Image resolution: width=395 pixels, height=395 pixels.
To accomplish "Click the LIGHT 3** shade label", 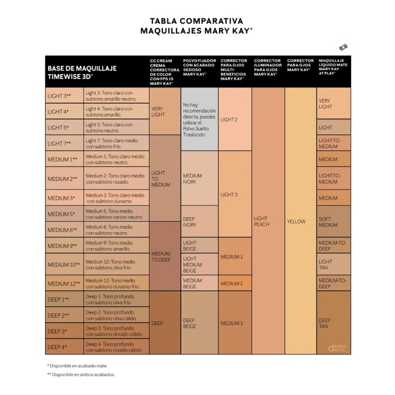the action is coord(59,96).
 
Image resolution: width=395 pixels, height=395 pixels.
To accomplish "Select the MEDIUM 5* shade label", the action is coord(61,214).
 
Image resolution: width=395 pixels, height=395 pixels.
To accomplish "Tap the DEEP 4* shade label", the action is coord(57,347).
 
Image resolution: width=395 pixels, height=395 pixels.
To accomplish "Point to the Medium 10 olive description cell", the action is coord(117,265).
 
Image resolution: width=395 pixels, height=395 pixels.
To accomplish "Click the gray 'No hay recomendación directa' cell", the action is coord(199,119).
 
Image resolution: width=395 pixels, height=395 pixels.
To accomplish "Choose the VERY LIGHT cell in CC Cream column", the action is coord(165,112).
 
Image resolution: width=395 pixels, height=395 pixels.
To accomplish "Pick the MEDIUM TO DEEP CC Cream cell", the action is coord(165,256).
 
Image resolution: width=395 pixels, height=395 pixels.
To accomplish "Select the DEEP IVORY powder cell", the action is coord(199,222).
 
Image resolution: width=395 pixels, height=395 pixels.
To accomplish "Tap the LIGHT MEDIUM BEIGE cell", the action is coord(199,264).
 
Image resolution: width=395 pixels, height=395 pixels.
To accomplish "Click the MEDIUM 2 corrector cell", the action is coord(235,283).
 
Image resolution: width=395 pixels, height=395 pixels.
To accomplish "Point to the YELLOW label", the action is coord(296,221).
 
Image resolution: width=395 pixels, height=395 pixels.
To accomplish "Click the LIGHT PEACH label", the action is coord(262,221).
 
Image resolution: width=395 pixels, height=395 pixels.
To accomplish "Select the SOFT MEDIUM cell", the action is coord(334,222).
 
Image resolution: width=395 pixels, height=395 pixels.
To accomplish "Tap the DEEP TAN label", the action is coord(324,323).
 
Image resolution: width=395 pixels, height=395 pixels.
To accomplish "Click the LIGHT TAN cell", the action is coord(334,264).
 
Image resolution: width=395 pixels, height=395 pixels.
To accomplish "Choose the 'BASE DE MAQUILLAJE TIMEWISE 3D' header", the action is coord(82,72).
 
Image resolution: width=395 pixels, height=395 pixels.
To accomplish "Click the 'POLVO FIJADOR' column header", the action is coord(199,67).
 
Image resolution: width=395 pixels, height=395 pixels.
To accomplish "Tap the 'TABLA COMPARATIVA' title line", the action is coord(197,21).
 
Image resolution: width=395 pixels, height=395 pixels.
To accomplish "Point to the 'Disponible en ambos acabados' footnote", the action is coord(81,375).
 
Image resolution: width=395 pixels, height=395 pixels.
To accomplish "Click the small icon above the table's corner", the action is coord(343,47).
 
